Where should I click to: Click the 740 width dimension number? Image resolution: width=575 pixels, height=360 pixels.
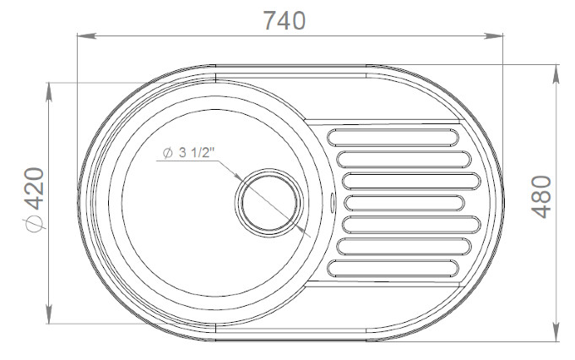coord(285,20)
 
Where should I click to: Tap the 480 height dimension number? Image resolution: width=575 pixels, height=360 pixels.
coord(541,197)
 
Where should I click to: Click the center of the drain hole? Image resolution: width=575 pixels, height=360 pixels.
coord(269,203)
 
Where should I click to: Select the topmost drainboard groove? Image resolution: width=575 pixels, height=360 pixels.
coord(393,137)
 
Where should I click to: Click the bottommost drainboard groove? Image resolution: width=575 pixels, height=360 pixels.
coord(393,268)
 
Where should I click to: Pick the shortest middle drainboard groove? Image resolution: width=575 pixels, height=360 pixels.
coord(404,203)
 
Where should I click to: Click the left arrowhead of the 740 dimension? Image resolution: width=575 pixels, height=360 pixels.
coord(86,36)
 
